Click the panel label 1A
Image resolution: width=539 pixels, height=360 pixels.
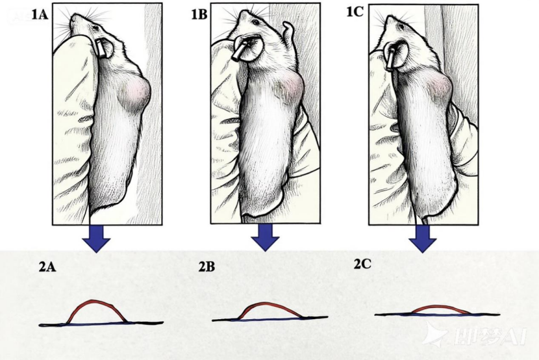click(x=40, y=14)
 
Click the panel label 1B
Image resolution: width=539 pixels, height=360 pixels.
click(x=199, y=15)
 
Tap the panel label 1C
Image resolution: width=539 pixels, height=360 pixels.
click(x=355, y=12)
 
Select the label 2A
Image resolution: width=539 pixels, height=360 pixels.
click(x=47, y=267)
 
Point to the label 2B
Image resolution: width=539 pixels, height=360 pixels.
click(x=207, y=267)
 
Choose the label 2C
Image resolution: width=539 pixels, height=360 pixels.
click(x=362, y=264)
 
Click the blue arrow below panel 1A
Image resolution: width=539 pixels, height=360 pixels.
click(x=96, y=238)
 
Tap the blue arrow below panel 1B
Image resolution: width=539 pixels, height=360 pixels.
click(x=265, y=238)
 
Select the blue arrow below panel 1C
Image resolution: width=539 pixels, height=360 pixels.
click(x=423, y=239)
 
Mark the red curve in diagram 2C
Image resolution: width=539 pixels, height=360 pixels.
click(x=440, y=305)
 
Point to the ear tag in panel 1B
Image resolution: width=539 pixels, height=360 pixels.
click(x=240, y=51)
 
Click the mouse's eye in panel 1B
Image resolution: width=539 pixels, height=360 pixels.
click(x=255, y=22)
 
